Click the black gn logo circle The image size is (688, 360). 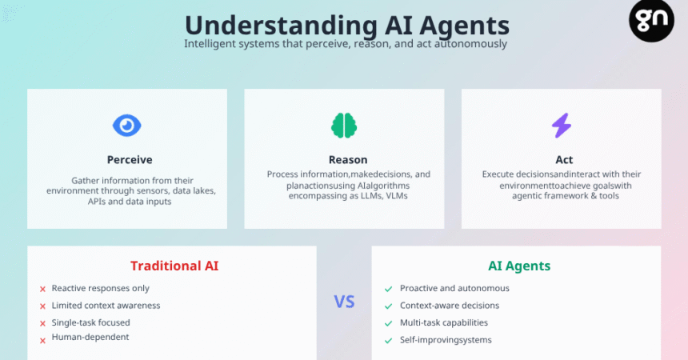pos(651,20)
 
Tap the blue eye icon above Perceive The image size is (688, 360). pos(127,126)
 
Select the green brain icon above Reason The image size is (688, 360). pos(344,126)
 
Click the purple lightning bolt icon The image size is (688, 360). pos(561,126)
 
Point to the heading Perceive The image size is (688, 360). pos(130,160)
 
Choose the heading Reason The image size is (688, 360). pos(348,160)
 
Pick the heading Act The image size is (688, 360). pos(564,160)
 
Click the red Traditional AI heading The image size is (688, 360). pos(174,266)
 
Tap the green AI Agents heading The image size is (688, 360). pos(519,266)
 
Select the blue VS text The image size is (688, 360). pos(344,302)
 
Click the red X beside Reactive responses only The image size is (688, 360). pos(42,289)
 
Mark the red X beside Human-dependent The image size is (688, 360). pos(42,341)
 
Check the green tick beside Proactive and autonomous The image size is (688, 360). pos(388,289)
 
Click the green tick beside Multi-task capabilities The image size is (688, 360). pos(388,323)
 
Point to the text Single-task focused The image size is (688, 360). pos(91,322)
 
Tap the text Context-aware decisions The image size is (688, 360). pos(450,305)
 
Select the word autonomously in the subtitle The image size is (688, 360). pos(471,44)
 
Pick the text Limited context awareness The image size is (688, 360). pos(106,305)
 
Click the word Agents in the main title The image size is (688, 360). pos(464,26)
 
